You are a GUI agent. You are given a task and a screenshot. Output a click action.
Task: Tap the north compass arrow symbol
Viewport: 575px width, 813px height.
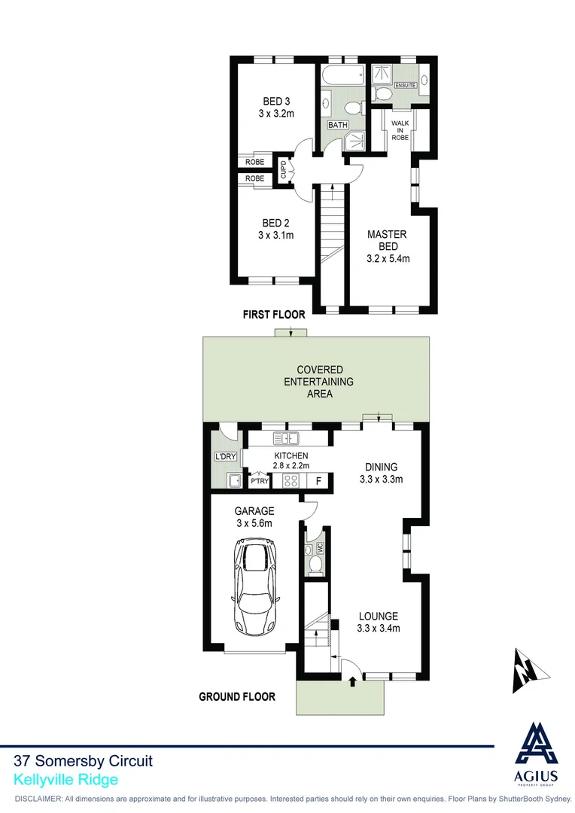(x=524, y=670)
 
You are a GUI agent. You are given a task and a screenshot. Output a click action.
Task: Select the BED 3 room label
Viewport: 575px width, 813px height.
(x=276, y=102)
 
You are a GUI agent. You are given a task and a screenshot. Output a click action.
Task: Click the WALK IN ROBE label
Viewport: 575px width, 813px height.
(x=398, y=132)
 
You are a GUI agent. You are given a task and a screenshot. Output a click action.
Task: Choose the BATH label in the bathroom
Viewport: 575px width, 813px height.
(x=337, y=124)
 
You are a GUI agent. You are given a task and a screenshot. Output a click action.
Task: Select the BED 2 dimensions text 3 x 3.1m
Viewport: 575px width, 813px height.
(x=276, y=236)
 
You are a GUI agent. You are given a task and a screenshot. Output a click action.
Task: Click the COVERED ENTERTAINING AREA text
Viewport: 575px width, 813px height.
(x=319, y=382)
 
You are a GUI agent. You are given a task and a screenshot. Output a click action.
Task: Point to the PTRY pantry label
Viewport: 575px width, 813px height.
(x=260, y=480)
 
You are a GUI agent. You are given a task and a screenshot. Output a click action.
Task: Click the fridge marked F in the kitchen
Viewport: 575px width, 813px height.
(x=318, y=480)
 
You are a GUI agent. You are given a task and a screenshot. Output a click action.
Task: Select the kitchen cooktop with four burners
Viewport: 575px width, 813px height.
(x=292, y=480)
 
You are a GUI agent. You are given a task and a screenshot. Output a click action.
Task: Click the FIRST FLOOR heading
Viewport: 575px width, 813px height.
(x=274, y=315)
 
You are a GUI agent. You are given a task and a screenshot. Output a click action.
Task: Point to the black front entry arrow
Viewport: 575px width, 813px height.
(x=353, y=683)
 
